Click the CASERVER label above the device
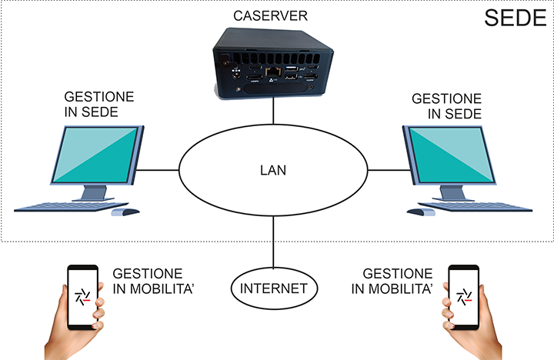tap(270, 16)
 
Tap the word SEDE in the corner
tap(515, 18)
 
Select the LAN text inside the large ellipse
tap(273, 170)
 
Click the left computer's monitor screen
tap(95, 155)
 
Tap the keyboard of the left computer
tap(72, 207)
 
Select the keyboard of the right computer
tap(476, 207)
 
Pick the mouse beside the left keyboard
tap(125, 212)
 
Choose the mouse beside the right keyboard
tap(421, 212)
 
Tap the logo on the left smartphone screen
tap(82, 297)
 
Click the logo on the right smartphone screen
tap(464, 297)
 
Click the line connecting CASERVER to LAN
tap(273, 110)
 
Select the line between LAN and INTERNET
tap(273, 242)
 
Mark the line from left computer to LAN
tap(158, 170)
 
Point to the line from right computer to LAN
tap(389, 170)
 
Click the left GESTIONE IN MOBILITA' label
tap(153, 282)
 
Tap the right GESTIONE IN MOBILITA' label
tap(392, 282)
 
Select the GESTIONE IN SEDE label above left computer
tap(99, 104)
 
